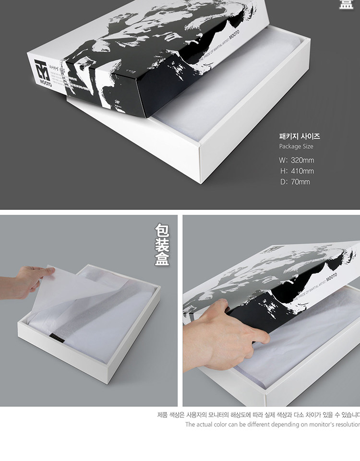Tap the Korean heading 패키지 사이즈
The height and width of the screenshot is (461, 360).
299,136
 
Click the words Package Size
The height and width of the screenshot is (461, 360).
296,146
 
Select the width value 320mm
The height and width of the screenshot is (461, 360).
302,160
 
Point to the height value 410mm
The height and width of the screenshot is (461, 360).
302,171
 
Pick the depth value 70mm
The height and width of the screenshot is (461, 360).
300,182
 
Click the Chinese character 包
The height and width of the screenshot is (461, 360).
162,230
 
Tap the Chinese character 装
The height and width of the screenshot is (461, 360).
162,245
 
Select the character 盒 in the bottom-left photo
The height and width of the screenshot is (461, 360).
162,260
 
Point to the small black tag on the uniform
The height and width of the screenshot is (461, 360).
57,337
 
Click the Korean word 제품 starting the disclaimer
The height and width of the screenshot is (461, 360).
162,414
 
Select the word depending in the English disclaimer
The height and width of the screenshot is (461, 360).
286,425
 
